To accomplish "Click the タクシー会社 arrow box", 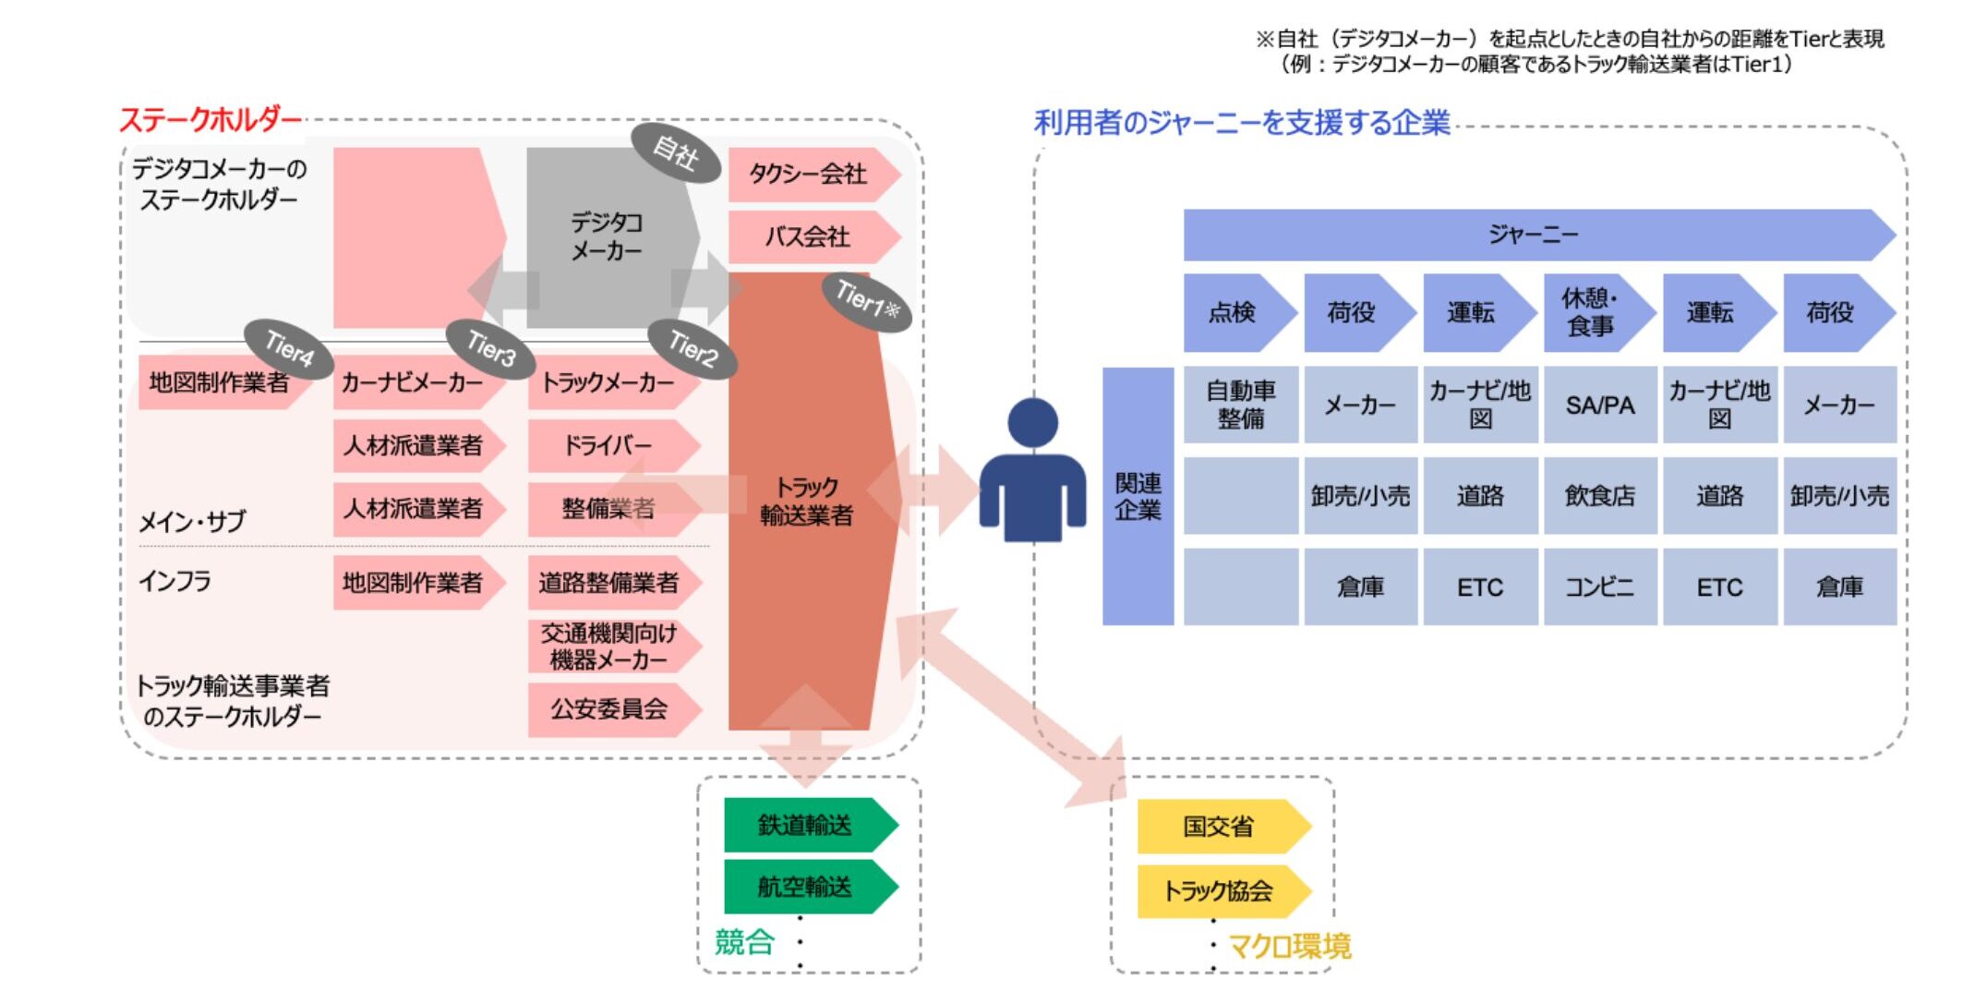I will [809, 174].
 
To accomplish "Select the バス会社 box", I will [809, 236].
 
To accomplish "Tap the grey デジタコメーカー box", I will [607, 236].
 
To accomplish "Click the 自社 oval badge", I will [675, 153].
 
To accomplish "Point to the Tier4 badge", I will [289, 348].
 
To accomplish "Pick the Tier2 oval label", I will [692, 348].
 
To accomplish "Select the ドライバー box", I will [608, 446].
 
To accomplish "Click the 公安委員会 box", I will [609, 709].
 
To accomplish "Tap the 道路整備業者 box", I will [609, 583].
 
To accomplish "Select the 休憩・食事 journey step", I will [1591, 312].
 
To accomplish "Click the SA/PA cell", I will [1600, 405].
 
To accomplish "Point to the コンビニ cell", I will [1600, 587].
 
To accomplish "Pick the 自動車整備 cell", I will [1241, 405].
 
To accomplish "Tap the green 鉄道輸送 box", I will [805, 825].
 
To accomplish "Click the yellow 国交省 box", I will [1219, 827].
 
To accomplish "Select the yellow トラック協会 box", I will [1219, 891].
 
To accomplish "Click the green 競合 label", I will [744, 942].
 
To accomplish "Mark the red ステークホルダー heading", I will [211, 120].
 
